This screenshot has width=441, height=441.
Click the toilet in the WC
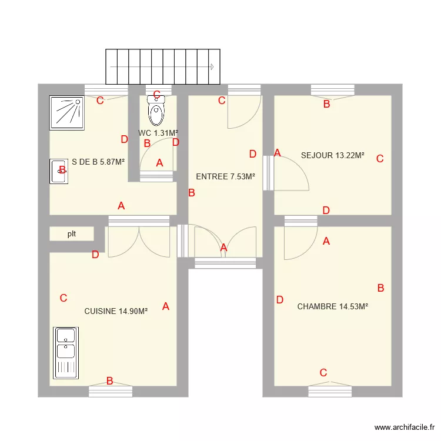157,113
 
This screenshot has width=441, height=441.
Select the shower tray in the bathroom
67,112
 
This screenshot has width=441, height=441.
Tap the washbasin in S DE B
58,171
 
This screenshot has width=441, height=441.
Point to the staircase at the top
163,66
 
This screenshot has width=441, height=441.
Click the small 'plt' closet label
72,233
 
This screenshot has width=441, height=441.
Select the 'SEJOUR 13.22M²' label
332,156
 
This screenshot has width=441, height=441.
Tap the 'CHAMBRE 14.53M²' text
332,306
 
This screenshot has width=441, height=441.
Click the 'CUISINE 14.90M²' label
116,311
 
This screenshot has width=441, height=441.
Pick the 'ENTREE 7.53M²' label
225,176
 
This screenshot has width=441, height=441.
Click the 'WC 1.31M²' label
158,133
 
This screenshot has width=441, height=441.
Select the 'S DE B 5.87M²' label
98,162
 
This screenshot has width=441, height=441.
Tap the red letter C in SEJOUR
380,158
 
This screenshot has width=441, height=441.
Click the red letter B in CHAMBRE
380,288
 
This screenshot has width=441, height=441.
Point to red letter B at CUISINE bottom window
110,381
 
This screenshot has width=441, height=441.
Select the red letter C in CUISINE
64,298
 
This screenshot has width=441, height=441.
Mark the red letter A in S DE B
121,206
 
